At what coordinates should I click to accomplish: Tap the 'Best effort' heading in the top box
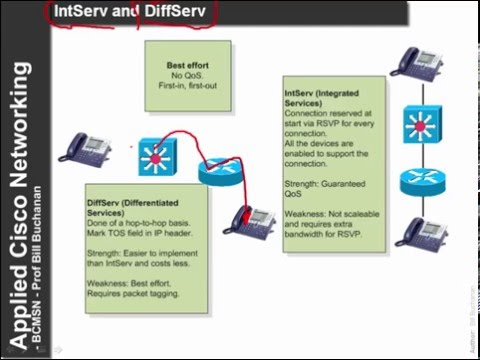[188, 66]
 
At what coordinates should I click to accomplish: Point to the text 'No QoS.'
[188, 76]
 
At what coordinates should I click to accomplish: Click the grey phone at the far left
[79, 147]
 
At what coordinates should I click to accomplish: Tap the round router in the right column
[418, 183]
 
